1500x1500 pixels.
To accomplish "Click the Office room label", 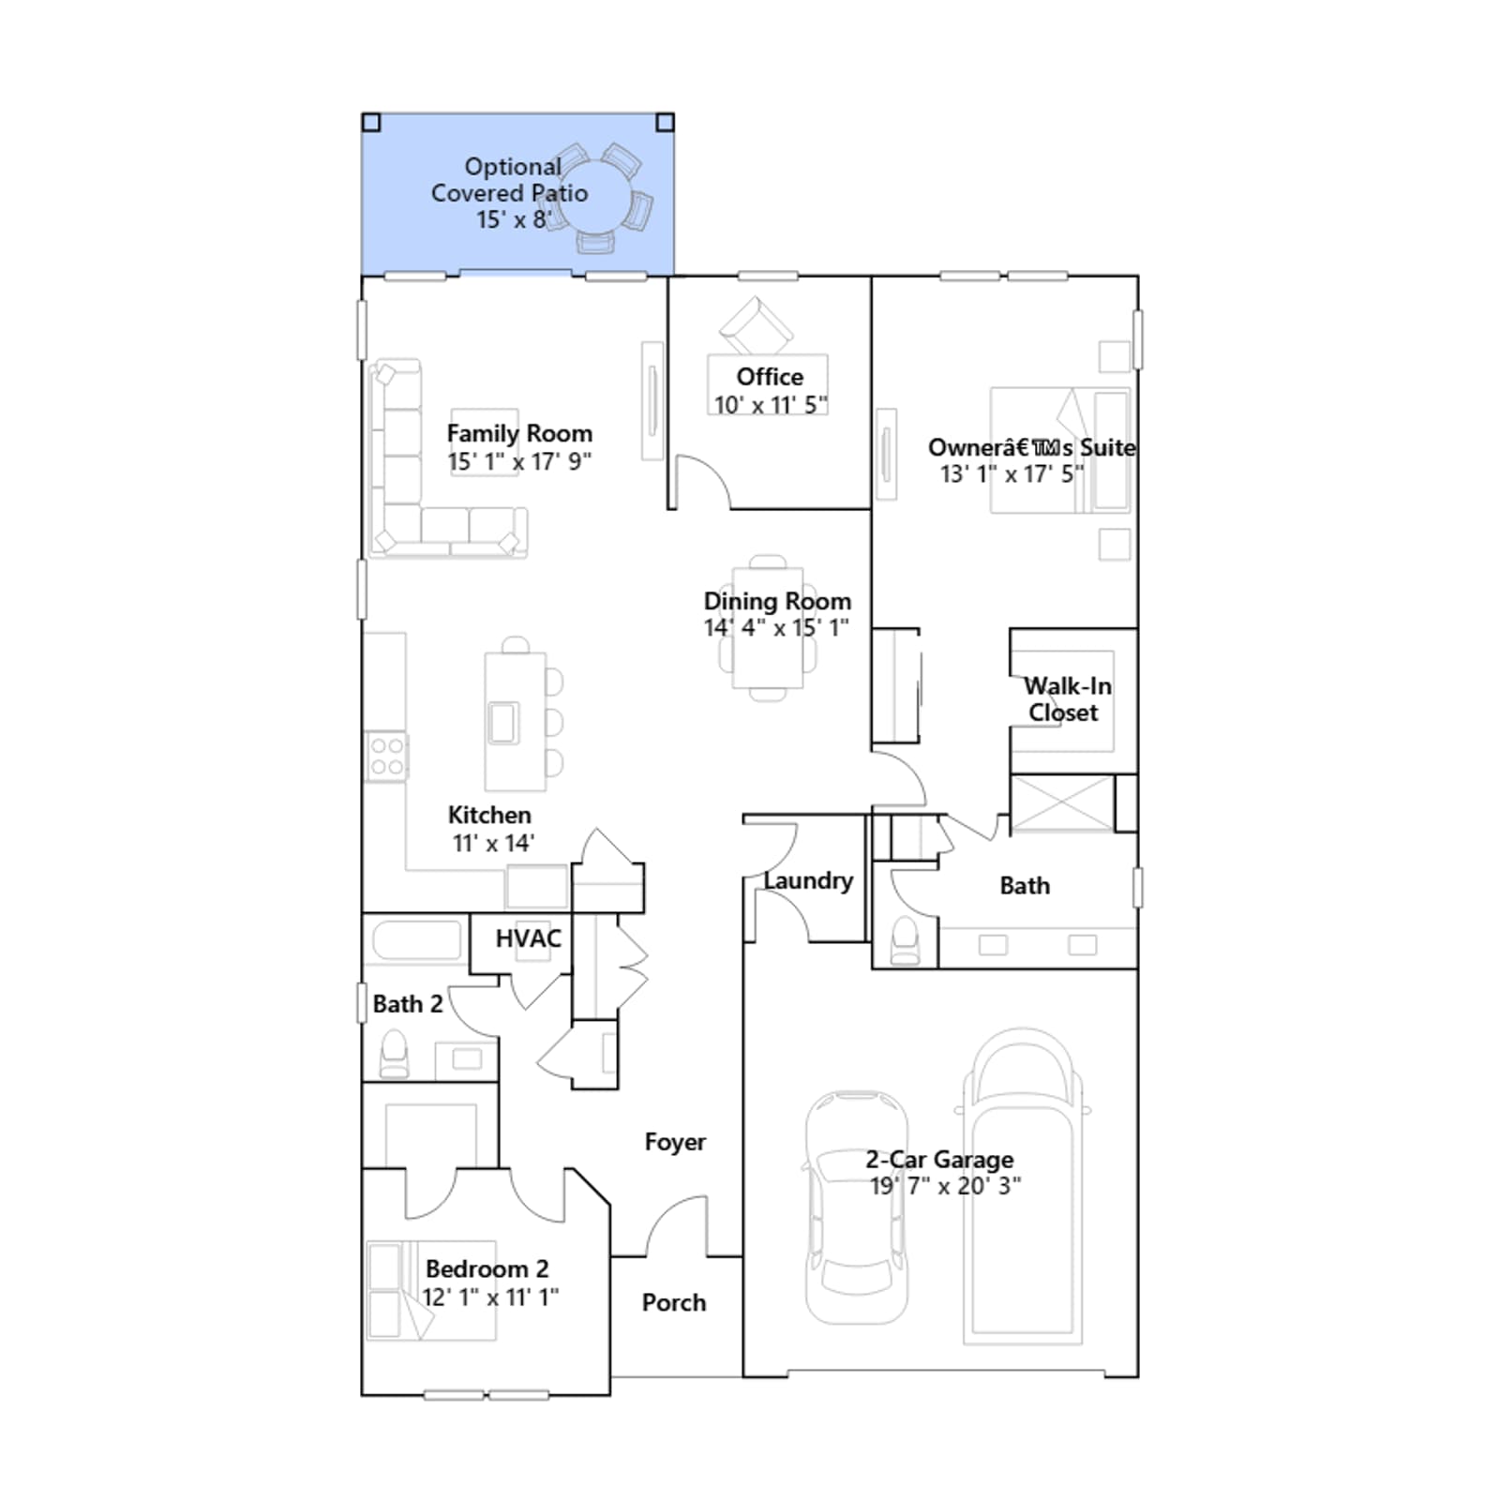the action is click(770, 377).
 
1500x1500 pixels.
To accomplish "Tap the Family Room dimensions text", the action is click(519, 462).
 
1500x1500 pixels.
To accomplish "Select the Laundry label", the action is click(808, 880).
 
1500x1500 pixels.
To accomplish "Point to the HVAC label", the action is click(529, 938).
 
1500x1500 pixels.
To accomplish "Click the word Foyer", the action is click(675, 1142).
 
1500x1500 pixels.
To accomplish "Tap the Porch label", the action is click(674, 1302).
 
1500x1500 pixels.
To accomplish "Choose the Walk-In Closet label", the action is click(1067, 699).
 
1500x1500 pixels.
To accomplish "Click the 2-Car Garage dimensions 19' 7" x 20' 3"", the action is click(945, 1186).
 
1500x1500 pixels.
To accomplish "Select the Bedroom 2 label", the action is click(487, 1268).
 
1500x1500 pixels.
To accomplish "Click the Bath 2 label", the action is click(408, 1004).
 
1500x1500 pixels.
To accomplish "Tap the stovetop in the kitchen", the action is click(386, 757).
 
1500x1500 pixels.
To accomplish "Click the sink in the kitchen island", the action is click(503, 723).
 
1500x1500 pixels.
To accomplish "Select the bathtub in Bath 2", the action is click(417, 940).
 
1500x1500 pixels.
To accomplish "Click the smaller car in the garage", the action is click(856, 1207).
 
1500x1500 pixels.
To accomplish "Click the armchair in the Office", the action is click(756, 324).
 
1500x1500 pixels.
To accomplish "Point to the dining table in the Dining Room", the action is click(768, 627).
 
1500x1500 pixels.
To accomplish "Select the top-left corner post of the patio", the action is click(371, 122).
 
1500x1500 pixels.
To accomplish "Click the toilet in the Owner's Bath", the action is click(906, 940).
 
